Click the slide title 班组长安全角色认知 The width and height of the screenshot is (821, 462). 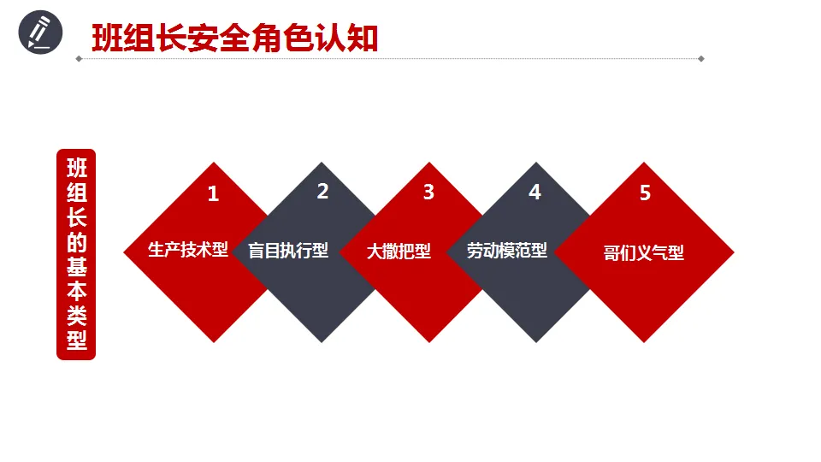tap(234, 37)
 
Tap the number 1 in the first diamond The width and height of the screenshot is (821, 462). tap(213, 194)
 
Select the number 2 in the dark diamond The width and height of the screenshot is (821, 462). tap(322, 192)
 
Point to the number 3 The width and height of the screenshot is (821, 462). tap(428, 192)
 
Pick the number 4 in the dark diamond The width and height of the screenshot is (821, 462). tap(535, 192)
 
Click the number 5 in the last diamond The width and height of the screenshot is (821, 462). tap(645, 193)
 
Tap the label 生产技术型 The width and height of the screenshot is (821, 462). tap(188, 250)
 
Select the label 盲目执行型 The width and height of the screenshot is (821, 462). tap(288, 252)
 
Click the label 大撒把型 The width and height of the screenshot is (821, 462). tap(399, 252)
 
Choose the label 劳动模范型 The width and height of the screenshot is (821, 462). tap(506, 252)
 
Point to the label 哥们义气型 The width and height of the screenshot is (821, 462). tap(643, 253)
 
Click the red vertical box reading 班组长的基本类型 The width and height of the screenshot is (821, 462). tap(76, 254)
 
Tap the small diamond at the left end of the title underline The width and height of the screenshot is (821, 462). tap(79, 59)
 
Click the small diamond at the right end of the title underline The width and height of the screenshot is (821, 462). tap(701, 59)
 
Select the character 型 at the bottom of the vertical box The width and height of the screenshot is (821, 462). tap(77, 341)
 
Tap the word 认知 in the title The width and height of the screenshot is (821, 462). tap(350, 37)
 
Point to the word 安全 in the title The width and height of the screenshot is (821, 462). tap(205, 37)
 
